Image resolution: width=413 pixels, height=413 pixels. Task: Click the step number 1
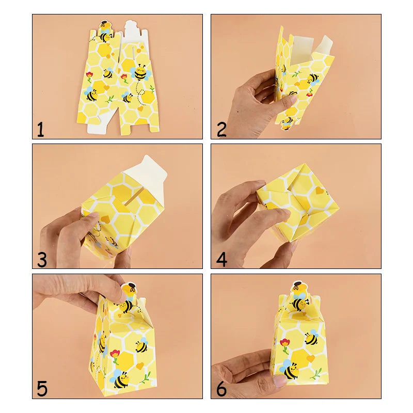40,129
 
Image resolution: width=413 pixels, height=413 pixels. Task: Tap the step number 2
221,129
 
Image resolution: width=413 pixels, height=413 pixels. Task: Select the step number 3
41,259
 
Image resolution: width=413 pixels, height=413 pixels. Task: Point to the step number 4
221,259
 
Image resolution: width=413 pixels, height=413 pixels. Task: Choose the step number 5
41,388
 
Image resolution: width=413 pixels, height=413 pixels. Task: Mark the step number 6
221,388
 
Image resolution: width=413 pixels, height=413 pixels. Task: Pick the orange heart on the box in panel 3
105,219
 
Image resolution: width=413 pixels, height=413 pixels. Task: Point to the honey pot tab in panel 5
130,288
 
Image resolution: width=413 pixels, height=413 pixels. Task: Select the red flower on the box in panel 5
115,355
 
